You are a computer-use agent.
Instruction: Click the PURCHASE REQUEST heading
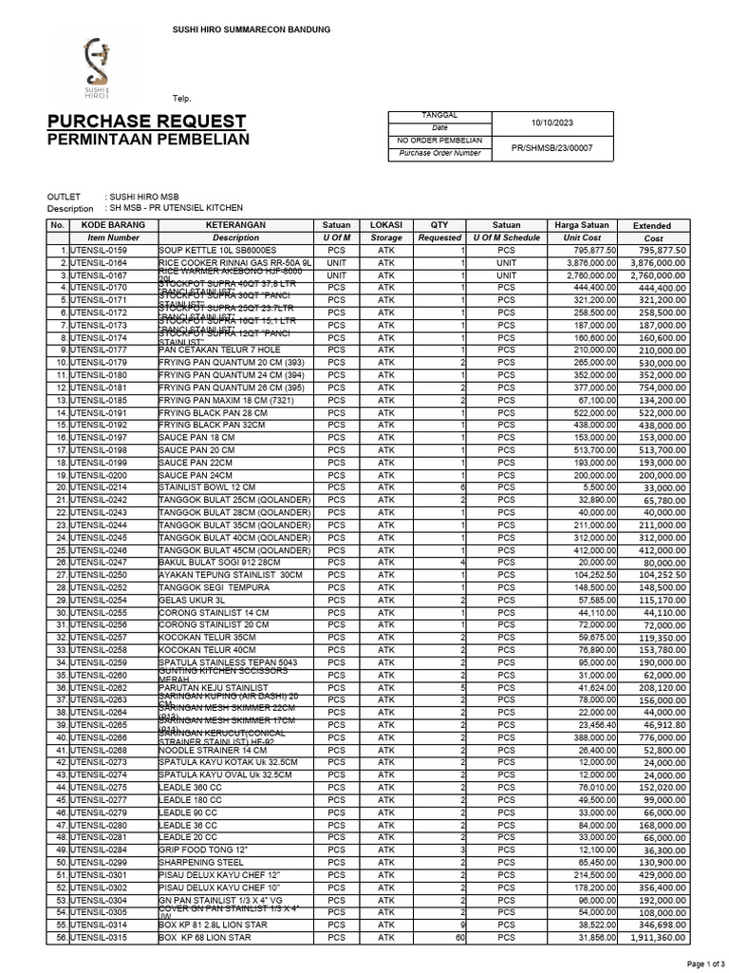(146, 122)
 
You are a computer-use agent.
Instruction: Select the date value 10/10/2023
(551, 124)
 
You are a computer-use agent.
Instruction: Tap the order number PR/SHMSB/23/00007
(551, 147)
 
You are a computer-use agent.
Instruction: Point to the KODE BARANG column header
(113, 224)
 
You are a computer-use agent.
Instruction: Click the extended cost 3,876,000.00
(659, 262)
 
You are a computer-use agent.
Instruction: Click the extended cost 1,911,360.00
(659, 937)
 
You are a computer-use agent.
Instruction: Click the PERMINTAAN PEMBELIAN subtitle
(148, 140)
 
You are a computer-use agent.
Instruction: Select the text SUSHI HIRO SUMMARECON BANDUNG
(251, 30)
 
